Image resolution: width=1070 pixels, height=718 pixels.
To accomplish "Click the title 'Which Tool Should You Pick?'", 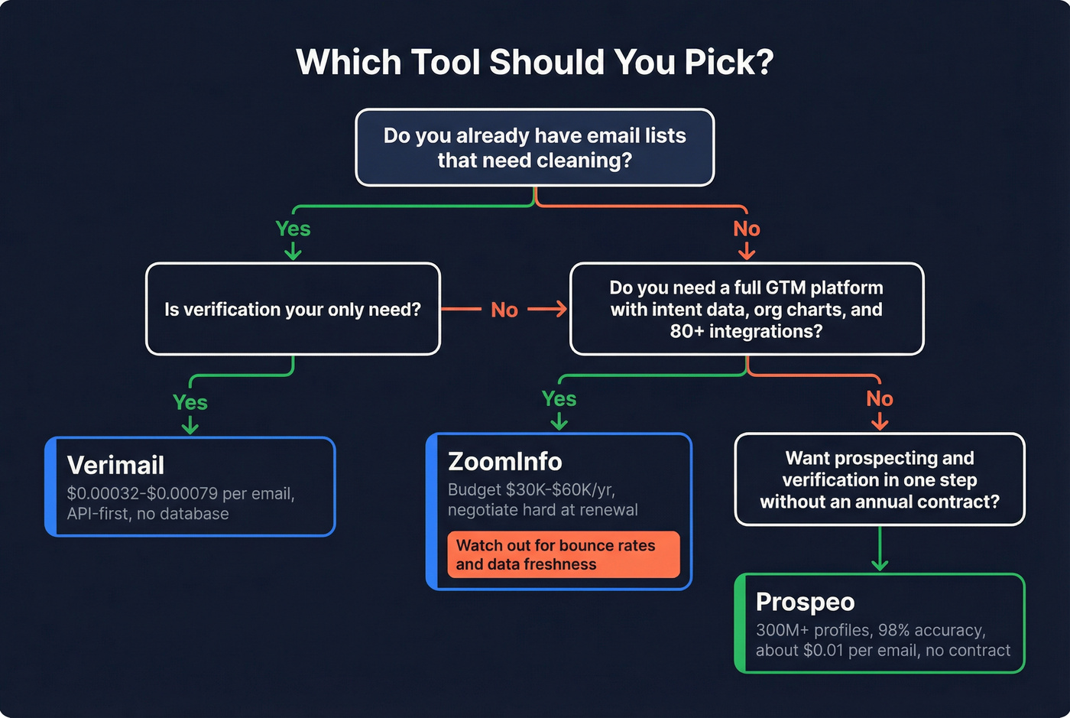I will coord(534,62).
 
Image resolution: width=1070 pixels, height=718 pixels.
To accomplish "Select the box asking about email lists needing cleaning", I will coord(534,148).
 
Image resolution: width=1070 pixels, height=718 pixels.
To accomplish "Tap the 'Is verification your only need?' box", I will coord(293,309).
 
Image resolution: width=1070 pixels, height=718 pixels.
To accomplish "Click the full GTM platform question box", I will coord(746,309).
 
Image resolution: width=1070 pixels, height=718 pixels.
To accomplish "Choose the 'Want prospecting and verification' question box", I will coord(879,479).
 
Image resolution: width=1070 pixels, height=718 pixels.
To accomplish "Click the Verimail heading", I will coord(115,465).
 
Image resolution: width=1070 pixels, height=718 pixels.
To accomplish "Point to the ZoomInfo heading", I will coord(504,461).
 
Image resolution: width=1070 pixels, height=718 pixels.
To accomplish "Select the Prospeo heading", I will coord(805,602).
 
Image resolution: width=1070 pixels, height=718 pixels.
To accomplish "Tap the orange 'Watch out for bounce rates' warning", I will coord(563,554).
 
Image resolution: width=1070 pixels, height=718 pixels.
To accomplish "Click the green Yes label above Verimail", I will coord(190,402).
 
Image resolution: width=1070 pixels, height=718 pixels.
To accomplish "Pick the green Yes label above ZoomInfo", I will coord(559,398).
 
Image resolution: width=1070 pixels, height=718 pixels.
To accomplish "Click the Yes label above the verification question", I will coord(293,229).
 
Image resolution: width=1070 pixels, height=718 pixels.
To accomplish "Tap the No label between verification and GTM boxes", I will coord(504,310).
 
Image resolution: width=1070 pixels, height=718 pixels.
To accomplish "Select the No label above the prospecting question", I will coord(879,398).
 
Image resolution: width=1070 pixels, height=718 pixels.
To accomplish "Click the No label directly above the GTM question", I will coord(746,229).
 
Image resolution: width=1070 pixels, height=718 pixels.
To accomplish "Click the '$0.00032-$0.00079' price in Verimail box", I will coord(141,494).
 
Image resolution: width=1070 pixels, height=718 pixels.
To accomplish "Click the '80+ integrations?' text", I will coord(746,331).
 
